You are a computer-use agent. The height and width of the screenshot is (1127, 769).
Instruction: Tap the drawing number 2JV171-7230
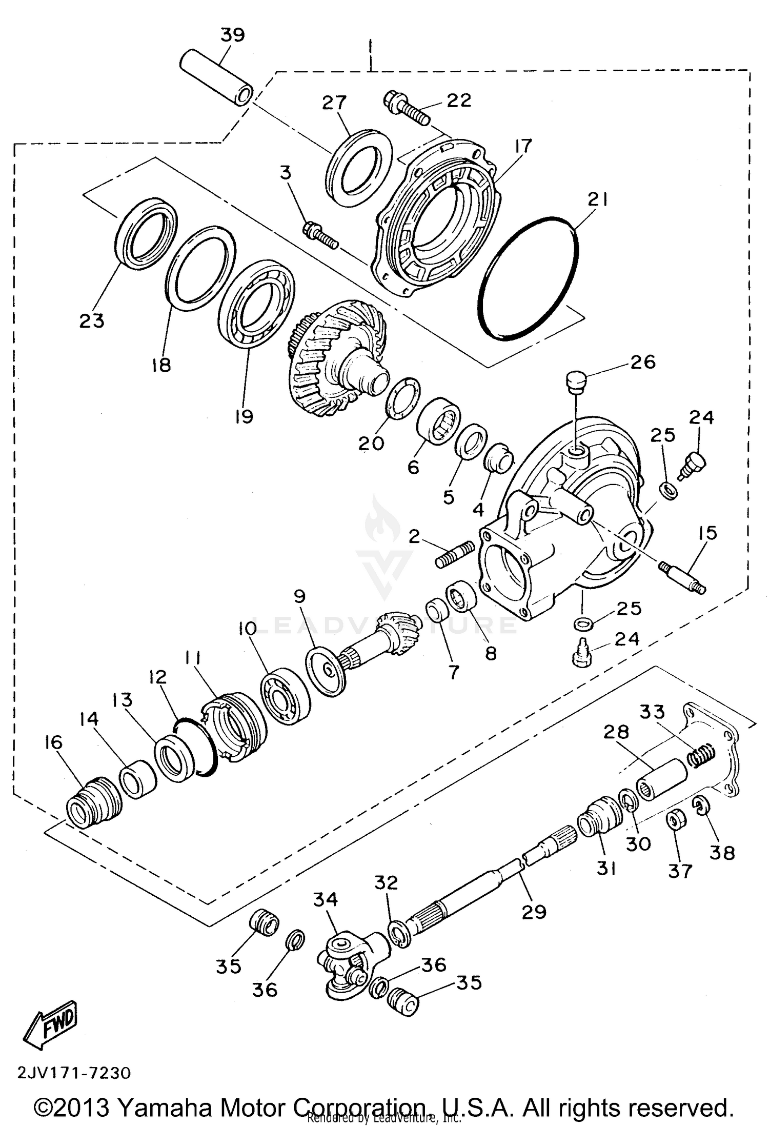point(75,1073)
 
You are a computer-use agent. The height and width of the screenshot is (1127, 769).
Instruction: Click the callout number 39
point(233,35)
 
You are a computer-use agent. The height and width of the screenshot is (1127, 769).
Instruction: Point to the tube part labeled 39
point(216,77)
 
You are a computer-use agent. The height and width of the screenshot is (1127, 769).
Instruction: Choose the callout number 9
point(300,596)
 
